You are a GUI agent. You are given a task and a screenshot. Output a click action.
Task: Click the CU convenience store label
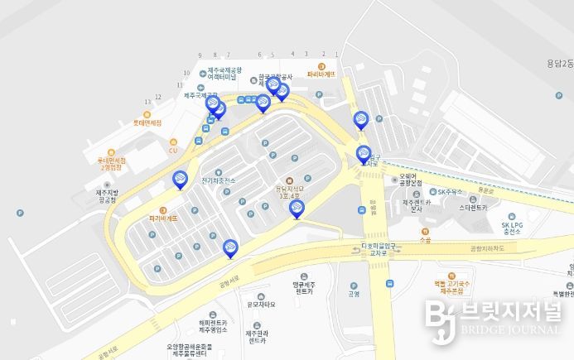tap(173, 150)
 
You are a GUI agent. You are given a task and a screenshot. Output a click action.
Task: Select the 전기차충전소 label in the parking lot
tap(219, 180)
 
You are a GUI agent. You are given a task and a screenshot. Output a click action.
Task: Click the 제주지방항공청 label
tap(108, 197)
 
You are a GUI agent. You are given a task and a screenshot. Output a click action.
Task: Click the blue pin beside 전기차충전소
tap(180, 180)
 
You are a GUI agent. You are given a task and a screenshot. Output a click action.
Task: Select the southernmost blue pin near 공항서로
tap(230, 247)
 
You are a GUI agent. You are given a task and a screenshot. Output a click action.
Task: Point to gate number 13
tap(147, 100)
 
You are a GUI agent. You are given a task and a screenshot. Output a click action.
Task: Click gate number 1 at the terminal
tap(323, 54)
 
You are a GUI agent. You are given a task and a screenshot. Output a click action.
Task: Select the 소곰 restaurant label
tap(426, 240)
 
